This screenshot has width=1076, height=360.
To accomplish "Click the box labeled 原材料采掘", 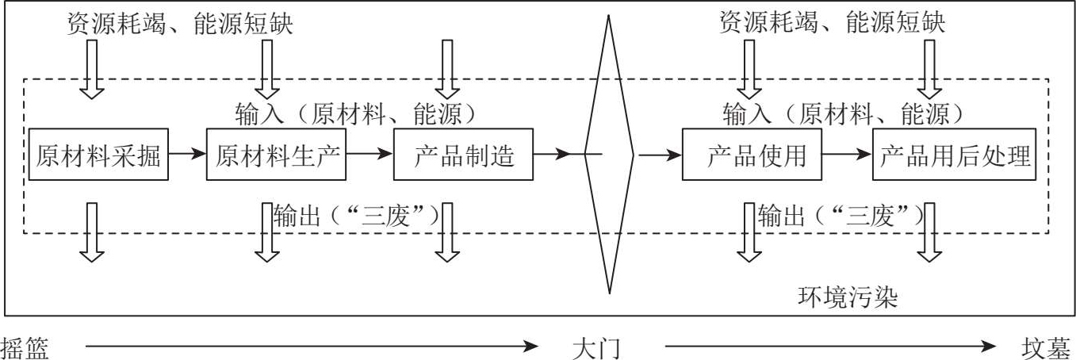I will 98,155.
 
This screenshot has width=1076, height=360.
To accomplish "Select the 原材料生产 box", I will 277,155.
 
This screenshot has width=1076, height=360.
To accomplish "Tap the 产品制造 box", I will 463,155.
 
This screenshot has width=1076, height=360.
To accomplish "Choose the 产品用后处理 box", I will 955,155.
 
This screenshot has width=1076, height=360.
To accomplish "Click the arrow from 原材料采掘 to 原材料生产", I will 187,155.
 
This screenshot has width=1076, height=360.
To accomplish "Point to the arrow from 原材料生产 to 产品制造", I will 370,155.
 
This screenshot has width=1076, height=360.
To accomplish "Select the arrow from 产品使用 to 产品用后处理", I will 847,155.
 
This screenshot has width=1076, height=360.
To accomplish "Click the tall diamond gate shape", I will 609,155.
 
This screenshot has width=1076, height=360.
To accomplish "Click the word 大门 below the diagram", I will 594,347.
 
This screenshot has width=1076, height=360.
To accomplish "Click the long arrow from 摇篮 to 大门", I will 309,347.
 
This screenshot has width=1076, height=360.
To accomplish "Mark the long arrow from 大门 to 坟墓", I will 829,347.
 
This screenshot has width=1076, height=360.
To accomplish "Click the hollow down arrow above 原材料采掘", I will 93,67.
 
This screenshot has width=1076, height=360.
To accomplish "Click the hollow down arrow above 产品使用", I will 749,67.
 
